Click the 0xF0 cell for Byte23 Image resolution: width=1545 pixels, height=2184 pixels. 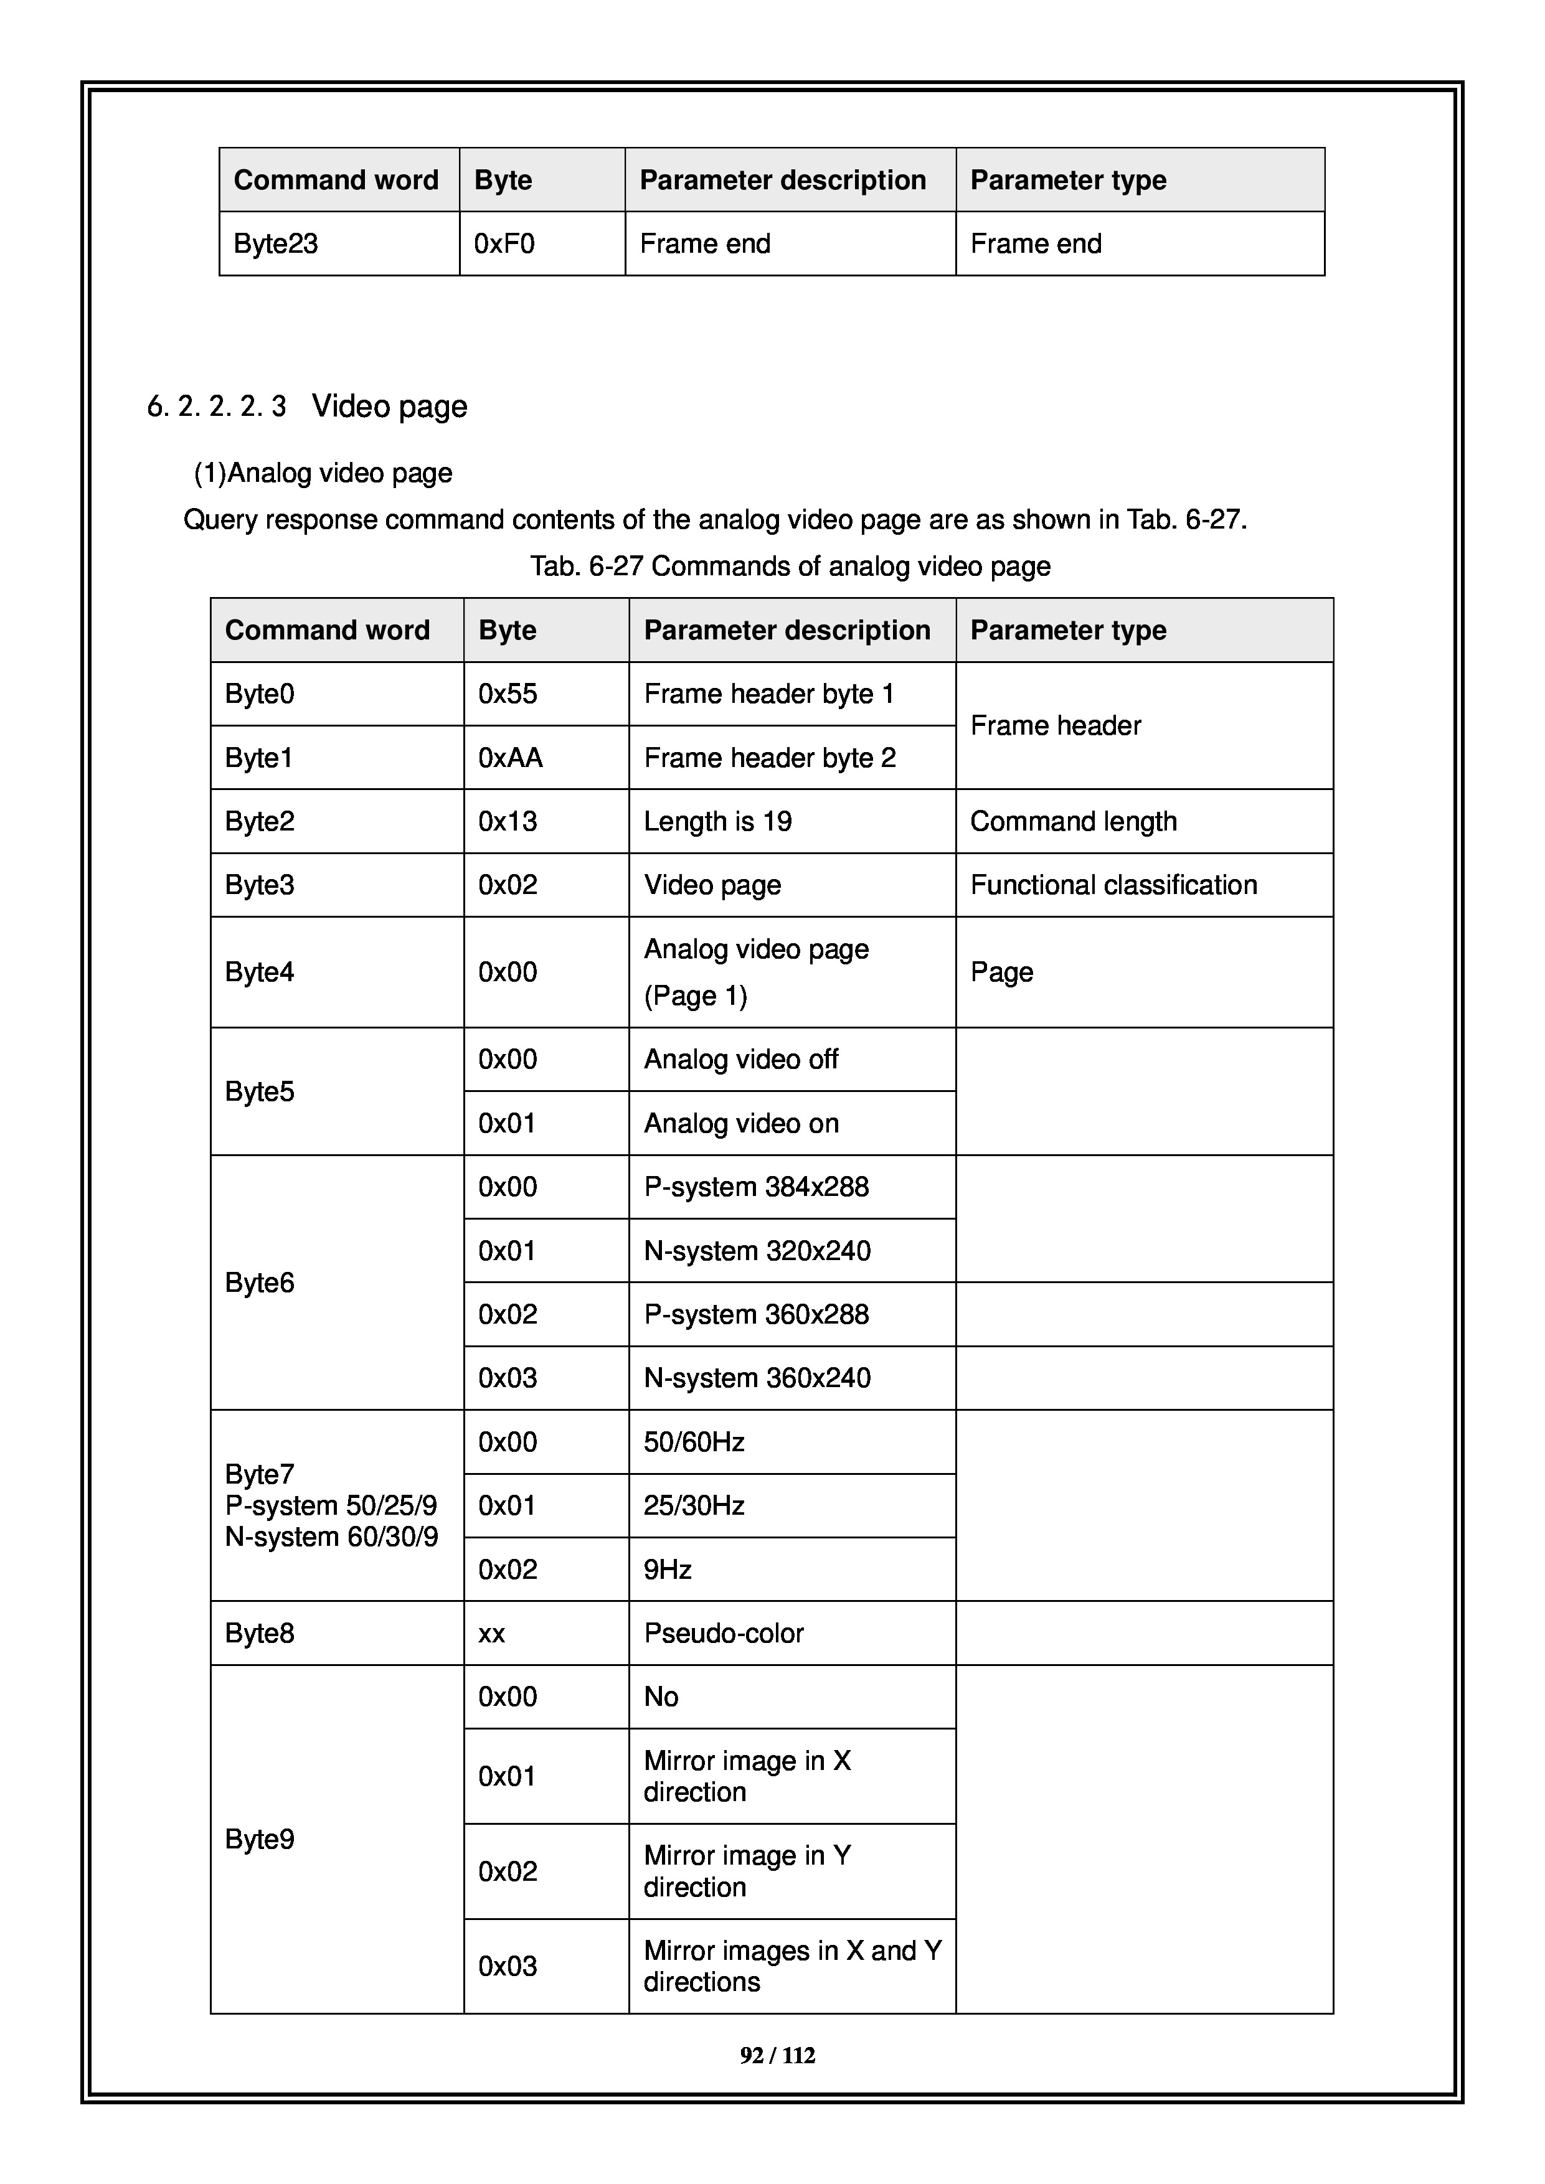click(x=504, y=245)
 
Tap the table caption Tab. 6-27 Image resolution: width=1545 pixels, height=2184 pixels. click(x=790, y=567)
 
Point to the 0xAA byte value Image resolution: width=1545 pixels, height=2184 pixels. click(x=510, y=758)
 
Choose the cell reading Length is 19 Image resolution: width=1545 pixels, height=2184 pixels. click(x=717, y=822)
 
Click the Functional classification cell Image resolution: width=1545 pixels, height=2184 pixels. click(x=1113, y=885)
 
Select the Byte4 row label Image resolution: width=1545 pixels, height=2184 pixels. click(x=260, y=972)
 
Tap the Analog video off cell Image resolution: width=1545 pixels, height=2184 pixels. click(x=740, y=1060)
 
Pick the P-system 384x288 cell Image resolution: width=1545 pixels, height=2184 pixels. click(x=757, y=1187)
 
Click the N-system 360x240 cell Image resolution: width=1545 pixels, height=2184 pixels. click(x=757, y=1378)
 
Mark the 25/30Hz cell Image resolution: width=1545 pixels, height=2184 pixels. click(x=694, y=1506)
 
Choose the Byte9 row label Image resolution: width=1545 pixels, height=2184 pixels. click(x=260, y=1840)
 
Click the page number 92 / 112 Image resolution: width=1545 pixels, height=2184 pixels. click(x=777, y=2056)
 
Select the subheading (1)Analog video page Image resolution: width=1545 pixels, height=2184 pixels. click(x=323, y=474)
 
